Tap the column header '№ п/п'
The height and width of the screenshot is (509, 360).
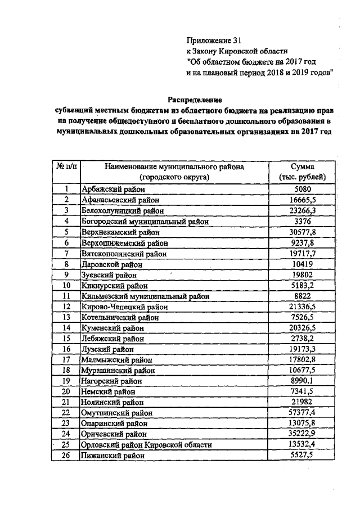[x=66, y=167]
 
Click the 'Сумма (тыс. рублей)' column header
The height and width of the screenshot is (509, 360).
[x=307, y=172]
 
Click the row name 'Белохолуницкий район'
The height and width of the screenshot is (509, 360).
[x=124, y=210]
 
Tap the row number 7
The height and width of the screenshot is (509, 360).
[x=66, y=253]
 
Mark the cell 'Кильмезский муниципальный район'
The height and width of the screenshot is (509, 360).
[x=145, y=296]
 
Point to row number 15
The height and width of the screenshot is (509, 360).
[x=66, y=339]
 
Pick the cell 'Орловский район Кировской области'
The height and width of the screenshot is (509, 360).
[x=147, y=445]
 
